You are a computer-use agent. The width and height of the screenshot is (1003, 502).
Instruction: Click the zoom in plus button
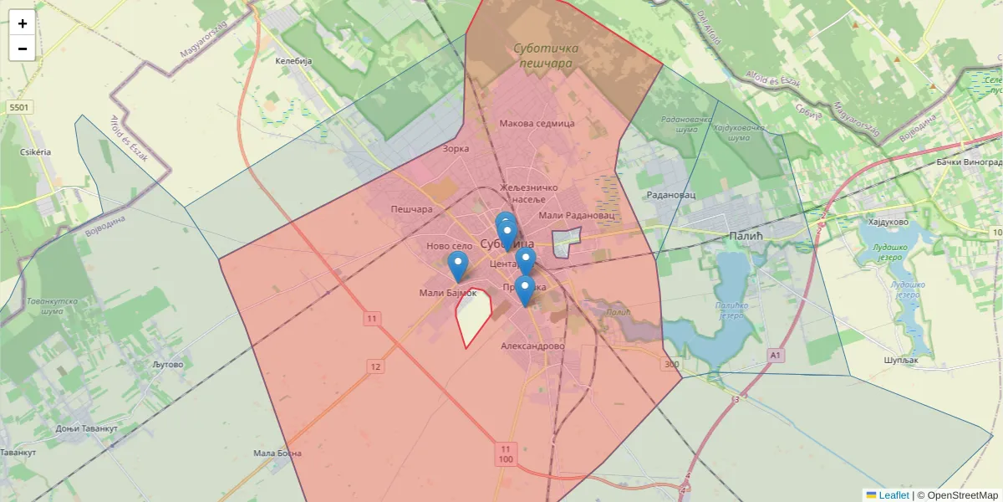[x=22, y=23]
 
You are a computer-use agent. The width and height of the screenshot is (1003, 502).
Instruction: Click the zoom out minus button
[x=22, y=49]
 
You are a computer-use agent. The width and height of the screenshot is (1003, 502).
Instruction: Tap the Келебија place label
[x=293, y=61]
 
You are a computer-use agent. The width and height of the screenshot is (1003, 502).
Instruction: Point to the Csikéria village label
[x=35, y=152]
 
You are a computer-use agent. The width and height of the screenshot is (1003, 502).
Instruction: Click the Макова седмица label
[x=537, y=124]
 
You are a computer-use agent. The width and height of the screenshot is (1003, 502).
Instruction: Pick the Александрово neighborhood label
[x=533, y=346]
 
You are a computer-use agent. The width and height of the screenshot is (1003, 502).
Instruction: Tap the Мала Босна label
[x=277, y=453]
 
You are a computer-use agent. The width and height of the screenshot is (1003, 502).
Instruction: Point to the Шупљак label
[x=901, y=360]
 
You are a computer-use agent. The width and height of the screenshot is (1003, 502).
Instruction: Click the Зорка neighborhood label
[x=456, y=149]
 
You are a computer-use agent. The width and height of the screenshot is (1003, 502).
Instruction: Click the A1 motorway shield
[x=776, y=356]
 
